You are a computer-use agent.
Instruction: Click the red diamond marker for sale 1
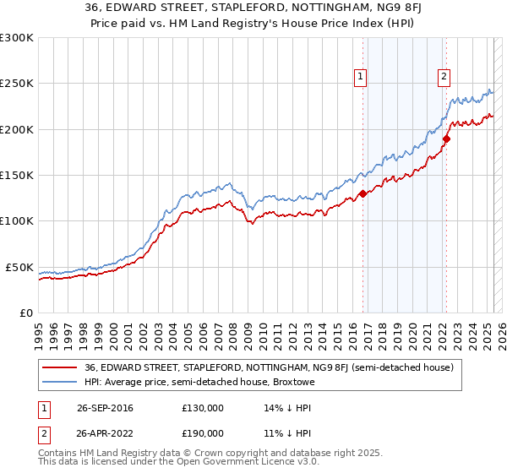[x=363, y=193]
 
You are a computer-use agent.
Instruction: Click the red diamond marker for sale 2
[x=446, y=138]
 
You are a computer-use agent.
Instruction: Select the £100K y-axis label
[x=19, y=221]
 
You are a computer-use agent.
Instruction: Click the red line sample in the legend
[x=59, y=367]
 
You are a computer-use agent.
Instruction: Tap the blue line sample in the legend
[x=59, y=382]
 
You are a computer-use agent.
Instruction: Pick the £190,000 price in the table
[x=202, y=433]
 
